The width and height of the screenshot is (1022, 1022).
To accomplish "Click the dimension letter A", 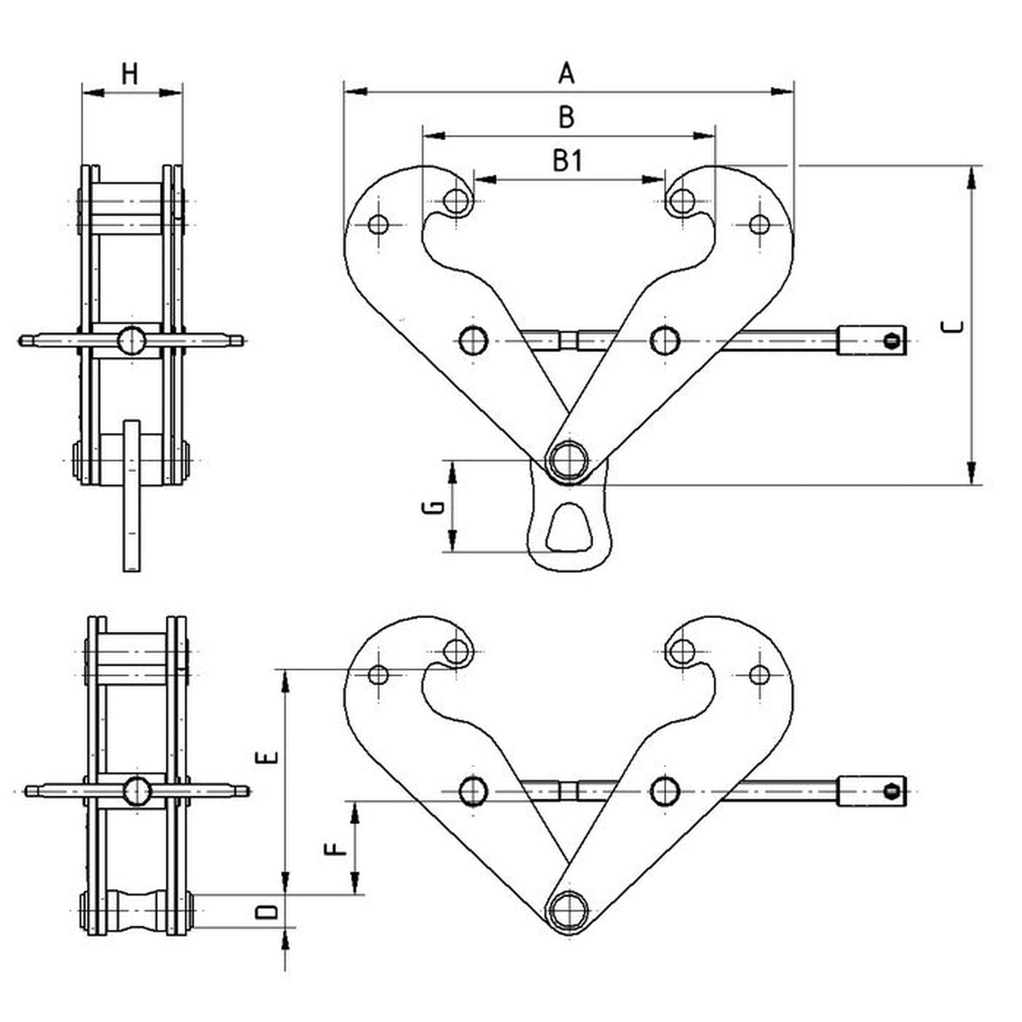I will click(566, 73).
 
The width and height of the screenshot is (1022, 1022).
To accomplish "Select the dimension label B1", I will click(567, 161).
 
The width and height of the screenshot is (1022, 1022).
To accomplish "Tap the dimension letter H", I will click(130, 74).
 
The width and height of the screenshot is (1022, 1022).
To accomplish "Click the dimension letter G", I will click(432, 508).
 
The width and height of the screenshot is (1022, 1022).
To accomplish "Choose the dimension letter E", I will click(266, 757).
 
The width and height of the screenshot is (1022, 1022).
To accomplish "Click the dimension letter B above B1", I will click(566, 117).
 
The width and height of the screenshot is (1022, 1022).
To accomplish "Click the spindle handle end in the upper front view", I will click(872, 341).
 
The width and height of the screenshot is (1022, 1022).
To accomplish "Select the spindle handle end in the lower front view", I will click(872, 791).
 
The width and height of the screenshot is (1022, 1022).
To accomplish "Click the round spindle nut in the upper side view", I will click(131, 340).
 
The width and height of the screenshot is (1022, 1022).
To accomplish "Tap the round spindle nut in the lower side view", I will click(137, 791).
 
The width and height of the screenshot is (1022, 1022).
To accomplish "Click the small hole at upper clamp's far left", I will click(379, 224).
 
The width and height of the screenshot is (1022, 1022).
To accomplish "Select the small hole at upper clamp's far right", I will click(760, 224).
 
